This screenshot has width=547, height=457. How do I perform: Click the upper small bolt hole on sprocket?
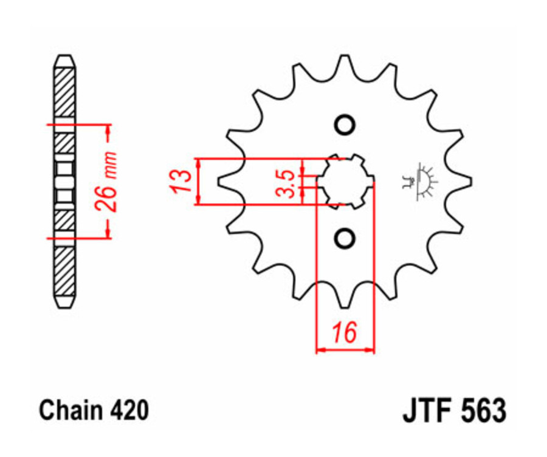[x=345, y=125]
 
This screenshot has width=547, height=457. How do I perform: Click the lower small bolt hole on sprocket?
[x=345, y=238]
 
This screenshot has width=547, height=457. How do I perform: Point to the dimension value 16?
[x=343, y=334]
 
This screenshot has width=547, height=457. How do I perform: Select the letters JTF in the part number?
[x=425, y=411]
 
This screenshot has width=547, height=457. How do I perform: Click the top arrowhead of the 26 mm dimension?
[x=109, y=129]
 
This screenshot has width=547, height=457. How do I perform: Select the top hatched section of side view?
[x=64, y=91]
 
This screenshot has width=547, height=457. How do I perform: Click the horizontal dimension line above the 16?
[x=345, y=350]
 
